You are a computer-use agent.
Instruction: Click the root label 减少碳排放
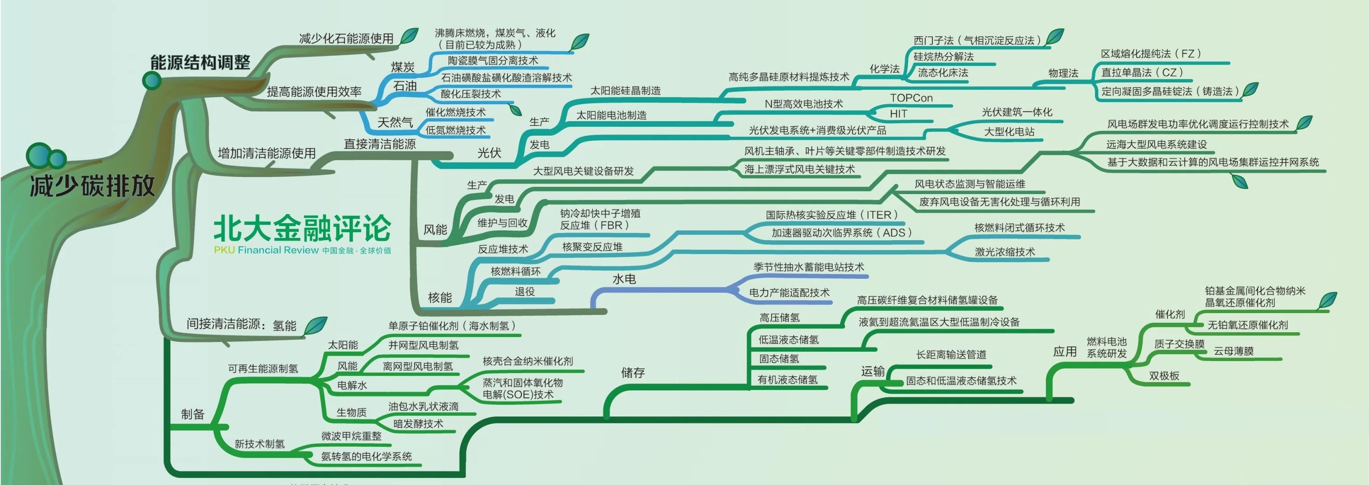tap(93, 185)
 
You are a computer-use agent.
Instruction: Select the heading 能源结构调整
tap(200, 62)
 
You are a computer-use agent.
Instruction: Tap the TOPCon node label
tap(911, 98)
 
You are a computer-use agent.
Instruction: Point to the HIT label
tap(898, 114)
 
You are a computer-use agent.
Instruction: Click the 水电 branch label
tap(624, 279)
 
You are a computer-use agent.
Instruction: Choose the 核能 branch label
tap(440, 297)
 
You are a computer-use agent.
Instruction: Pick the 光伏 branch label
tap(490, 153)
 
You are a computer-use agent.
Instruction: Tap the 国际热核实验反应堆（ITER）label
tap(832, 215)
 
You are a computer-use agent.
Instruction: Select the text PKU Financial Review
tap(266, 250)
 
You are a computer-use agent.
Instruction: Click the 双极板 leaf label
tap(1164, 375)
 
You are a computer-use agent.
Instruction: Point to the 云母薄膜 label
tap(1233, 351)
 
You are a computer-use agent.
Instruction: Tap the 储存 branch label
tap(633, 373)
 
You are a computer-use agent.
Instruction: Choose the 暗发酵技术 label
tap(418, 423)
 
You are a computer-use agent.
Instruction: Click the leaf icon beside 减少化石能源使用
tap(409, 35)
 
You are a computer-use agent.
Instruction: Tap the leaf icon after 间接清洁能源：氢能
tap(316, 326)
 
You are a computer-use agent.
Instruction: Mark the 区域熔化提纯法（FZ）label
tap(1151, 53)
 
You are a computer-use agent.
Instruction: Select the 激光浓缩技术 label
tap(1005, 252)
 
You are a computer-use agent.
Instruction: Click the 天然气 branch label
tap(395, 122)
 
